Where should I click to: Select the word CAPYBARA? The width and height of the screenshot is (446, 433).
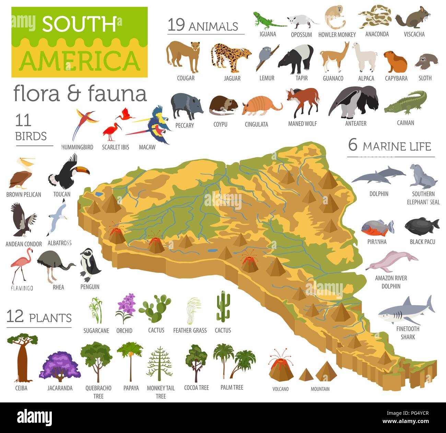point(396,78)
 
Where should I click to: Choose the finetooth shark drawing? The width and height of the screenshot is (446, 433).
point(407,311)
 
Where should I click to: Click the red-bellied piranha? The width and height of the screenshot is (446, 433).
point(377,227)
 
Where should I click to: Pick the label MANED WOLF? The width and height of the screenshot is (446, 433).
point(302,124)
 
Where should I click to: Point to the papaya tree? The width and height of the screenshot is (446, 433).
point(130,361)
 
